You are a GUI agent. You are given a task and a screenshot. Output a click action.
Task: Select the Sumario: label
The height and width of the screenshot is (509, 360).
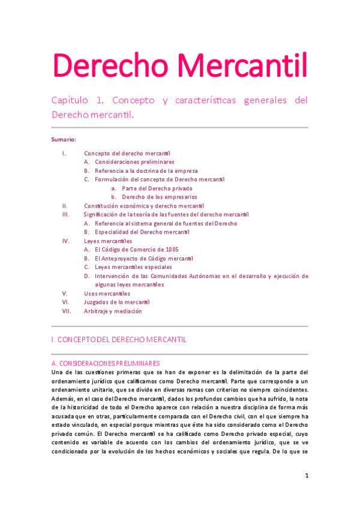(64, 139)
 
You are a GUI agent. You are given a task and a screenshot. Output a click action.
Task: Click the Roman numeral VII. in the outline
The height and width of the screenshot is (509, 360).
(66, 312)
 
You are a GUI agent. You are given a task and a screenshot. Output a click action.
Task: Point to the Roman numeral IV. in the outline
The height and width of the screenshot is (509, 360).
(65, 241)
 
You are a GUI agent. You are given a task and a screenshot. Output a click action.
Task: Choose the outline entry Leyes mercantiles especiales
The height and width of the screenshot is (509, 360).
(133, 267)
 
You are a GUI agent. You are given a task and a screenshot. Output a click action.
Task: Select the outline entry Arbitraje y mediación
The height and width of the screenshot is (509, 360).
(113, 312)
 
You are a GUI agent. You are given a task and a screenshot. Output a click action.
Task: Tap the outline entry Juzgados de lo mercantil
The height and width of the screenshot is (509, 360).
(116, 303)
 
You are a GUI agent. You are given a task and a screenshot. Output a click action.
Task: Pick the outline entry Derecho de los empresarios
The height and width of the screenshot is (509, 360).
(160, 197)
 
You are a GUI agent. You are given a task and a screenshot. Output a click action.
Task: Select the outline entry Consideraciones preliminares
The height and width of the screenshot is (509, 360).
(134, 162)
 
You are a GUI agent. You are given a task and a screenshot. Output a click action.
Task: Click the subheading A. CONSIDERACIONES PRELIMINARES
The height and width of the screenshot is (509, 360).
(106, 364)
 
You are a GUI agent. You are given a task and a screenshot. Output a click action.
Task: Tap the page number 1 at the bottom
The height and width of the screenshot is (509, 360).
(306, 476)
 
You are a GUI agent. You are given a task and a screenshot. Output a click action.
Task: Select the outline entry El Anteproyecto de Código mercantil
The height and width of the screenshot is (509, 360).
(144, 258)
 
